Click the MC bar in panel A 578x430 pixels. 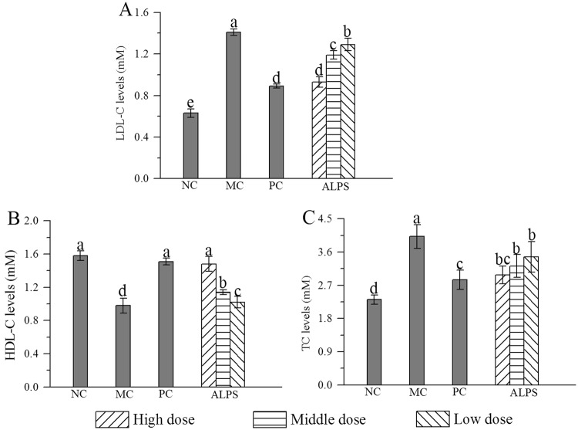point(233,105)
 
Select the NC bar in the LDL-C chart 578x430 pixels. point(190,146)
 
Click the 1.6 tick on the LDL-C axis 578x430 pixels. point(141,13)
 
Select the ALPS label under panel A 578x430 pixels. point(333,187)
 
